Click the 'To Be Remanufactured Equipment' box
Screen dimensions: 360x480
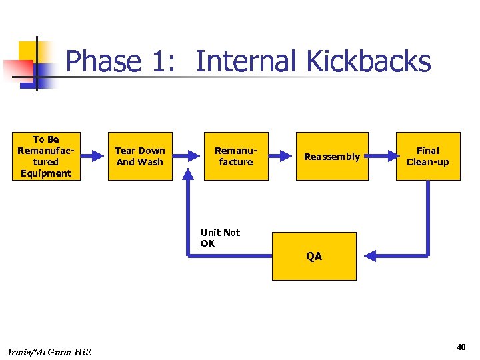pos(45,156)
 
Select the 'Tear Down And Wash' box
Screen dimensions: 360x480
pos(140,156)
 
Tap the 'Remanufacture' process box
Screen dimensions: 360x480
pos(236,156)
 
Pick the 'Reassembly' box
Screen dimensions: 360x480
pos(331,156)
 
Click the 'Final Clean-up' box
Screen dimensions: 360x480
pos(427,156)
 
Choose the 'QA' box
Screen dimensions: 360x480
pos(314,256)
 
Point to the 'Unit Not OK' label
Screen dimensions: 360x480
pos(220,237)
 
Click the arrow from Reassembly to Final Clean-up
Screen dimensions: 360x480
pos(382,156)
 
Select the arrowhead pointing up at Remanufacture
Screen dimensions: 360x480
pos(189,186)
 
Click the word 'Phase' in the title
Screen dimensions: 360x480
pos(103,62)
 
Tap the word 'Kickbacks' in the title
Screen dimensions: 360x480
pos(368,62)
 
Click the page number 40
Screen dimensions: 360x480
pos(461,347)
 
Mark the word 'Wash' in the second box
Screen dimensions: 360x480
pos(151,162)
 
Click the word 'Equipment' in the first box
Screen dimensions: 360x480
pos(45,173)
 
